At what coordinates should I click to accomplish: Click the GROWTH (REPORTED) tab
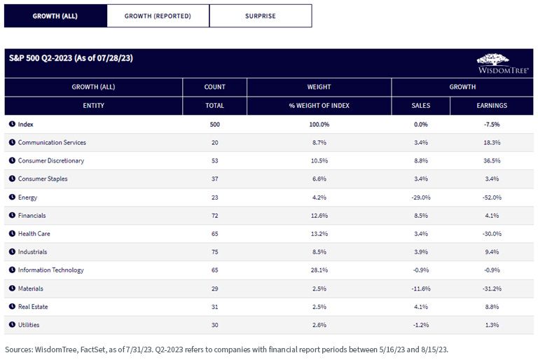[158, 16]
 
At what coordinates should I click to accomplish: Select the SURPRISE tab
[261, 16]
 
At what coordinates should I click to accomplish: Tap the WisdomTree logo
[503, 64]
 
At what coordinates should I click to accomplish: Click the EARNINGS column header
[492, 105]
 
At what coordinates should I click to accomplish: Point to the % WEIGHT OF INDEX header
[319, 105]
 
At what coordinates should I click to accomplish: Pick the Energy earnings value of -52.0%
[492, 198]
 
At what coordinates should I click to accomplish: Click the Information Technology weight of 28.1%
[319, 270]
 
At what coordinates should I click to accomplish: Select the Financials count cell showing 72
[215, 216]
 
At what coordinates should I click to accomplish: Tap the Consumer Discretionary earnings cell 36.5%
[492, 160]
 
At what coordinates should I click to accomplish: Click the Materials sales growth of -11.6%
[420, 289]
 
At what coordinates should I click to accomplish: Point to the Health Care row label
[34, 234]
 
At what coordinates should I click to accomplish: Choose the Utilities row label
[29, 325]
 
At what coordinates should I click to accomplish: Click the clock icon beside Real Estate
[12, 306]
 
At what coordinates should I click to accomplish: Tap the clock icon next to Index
[12, 124]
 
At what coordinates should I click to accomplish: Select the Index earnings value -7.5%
[492, 124]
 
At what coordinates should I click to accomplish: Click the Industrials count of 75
[215, 252]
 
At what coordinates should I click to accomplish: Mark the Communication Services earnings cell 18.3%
[492, 142]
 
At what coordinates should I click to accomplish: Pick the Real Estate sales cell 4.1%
[420, 307]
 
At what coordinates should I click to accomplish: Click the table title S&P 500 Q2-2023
[41, 58]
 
